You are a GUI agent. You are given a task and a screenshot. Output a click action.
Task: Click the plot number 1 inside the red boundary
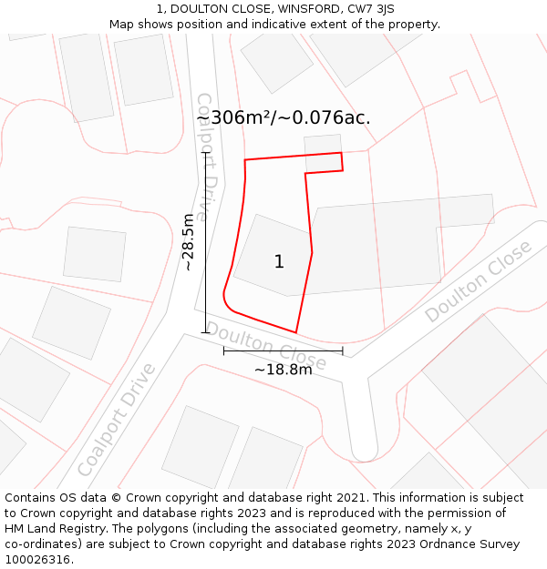pyautogui.click(x=279, y=262)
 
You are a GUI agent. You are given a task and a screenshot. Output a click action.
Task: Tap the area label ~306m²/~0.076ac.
pyautogui.click(x=284, y=117)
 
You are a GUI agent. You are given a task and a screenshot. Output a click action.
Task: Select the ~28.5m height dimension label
pyautogui.click(x=189, y=242)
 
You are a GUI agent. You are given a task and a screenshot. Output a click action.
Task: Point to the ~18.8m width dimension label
pyautogui.click(x=283, y=370)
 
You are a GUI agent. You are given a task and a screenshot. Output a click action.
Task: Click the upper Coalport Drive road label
pyautogui.click(x=209, y=157)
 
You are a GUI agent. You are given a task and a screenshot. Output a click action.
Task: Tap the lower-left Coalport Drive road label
pyautogui.click(x=117, y=420)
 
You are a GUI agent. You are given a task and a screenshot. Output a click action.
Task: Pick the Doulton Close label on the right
pyautogui.click(x=478, y=281)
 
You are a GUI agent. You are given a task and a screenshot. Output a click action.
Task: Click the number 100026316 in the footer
pyautogui.click(x=38, y=560)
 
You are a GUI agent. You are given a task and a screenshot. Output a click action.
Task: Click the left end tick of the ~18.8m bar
pyautogui.click(x=224, y=351)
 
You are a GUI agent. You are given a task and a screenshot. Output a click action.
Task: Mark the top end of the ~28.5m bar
pyautogui.click(x=205, y=153)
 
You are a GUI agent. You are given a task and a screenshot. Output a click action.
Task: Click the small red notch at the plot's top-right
pyautogui.click(x=341, y=162)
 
